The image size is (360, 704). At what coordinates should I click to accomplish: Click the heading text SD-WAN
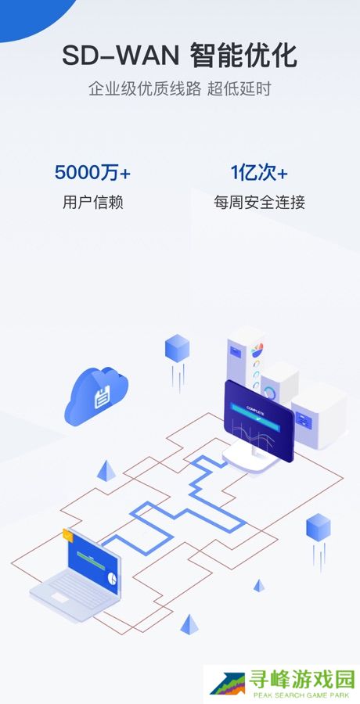(x=121, y=56)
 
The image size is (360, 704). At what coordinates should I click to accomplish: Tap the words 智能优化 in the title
(x=243, y=56)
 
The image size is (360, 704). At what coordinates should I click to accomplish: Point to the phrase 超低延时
(x=239, y=89)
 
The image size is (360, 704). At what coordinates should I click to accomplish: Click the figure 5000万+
(x=92, y=173)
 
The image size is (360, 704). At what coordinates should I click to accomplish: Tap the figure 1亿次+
(x=259, y=173)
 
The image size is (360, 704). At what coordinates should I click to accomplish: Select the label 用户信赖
(x=92, y=203)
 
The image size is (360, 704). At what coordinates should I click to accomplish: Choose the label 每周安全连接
(x=259, y=203)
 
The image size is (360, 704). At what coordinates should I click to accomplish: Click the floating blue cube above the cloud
(x=177, y=348)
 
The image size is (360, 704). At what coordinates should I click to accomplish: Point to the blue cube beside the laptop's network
(x=319, y=526)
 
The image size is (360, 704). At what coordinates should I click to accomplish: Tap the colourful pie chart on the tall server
(x=257, y=350)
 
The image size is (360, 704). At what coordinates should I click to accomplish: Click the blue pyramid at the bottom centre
(x=189, y=624)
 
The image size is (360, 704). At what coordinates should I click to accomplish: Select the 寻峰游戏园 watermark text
(x=302, y=681)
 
